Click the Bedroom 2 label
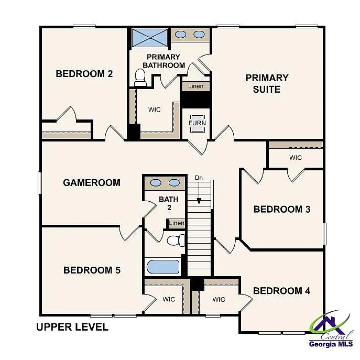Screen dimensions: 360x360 [x=84, y=74]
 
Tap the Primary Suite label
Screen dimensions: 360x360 [x=267, y=83]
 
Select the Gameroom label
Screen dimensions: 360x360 [x=92, y=183]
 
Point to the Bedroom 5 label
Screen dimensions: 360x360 [x=92, y=270]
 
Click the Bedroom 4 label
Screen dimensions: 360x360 [x=278, y=291]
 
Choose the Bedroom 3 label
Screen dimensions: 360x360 [x=282, y=209]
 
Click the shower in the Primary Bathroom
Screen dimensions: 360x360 [x=149, y=38]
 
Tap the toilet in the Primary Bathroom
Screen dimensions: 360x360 [x=140, y=78]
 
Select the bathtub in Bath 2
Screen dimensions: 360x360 [x=163, y=267]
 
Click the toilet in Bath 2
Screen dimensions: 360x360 [x=175, y=240]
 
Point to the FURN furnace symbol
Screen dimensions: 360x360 [x=198, y=123]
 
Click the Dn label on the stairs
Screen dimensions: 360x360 [x=199, y=178]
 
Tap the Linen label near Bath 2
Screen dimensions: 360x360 [x=177, y=224]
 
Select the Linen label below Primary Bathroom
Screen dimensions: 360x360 [x=196, y=86]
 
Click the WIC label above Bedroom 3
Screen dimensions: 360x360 [x=296, y=157]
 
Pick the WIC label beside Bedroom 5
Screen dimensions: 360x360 [x=168, y=299]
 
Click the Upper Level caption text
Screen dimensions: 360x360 [x=72, y=328]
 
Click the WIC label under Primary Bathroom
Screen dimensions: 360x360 [x=154, y=110]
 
